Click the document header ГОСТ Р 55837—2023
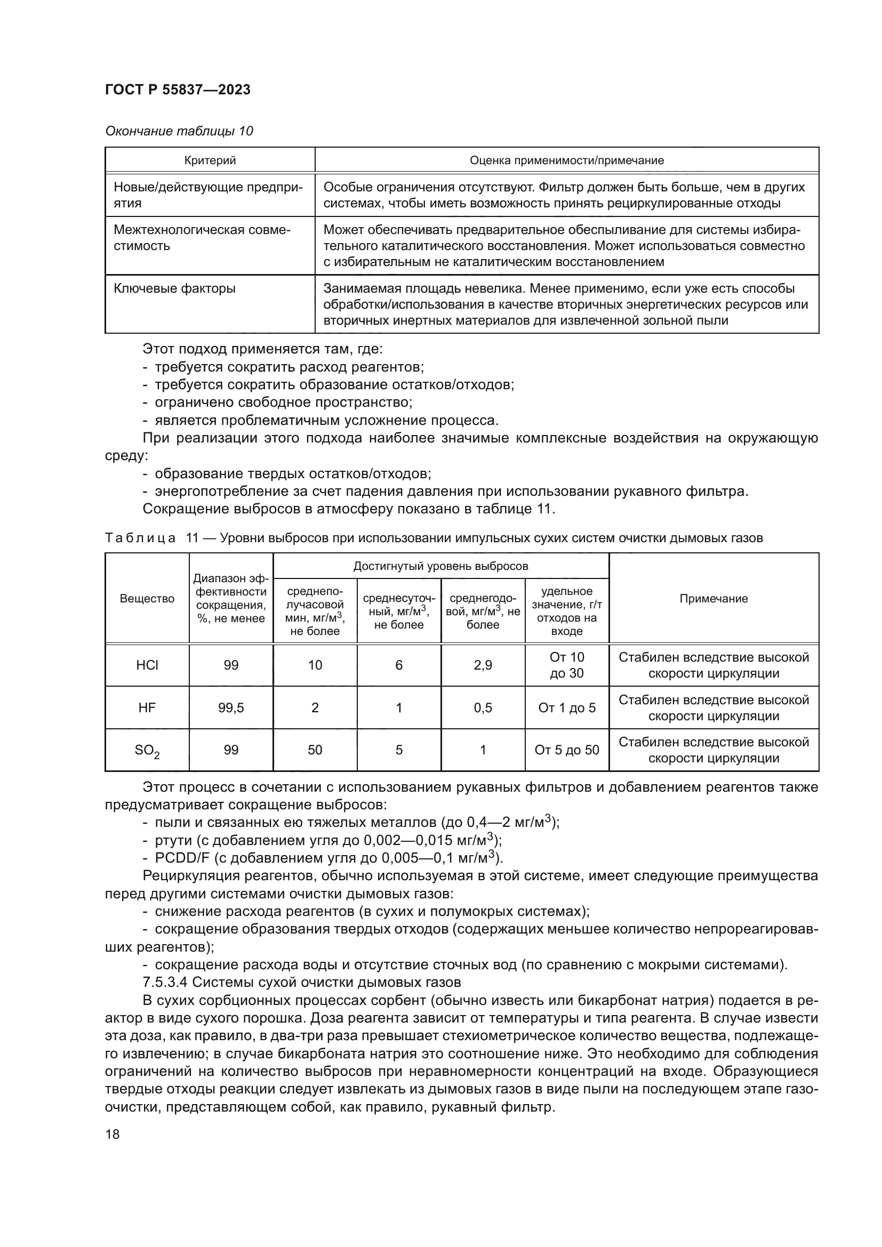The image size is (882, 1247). [x=178, y=90]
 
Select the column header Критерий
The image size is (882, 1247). [x=210, y=160]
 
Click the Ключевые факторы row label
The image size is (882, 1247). [x=174, y=288]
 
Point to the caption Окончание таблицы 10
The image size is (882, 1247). [x=179, y=131]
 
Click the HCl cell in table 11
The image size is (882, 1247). [x=147, y=665]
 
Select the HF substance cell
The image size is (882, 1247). [x=147, y=707]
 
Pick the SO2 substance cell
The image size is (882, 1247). [x=147, y=751]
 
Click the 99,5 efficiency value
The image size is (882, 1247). [x=231, y=707]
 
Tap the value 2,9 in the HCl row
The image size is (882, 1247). [x=482, y=665]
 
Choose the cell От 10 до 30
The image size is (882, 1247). [x=566, y=665]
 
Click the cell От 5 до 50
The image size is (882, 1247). [x=566, y=750]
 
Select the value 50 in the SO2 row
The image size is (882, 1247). [x=315, y=750]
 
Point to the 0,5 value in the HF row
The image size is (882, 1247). [x=482, y=707]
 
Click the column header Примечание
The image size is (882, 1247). [x=713, y=599]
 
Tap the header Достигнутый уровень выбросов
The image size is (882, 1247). [x=440, y=567]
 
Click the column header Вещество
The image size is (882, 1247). [x=147, y=599]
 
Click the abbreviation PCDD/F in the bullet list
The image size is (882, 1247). [x=179, y=858]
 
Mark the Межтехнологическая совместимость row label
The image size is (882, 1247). [x=202, y=238]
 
